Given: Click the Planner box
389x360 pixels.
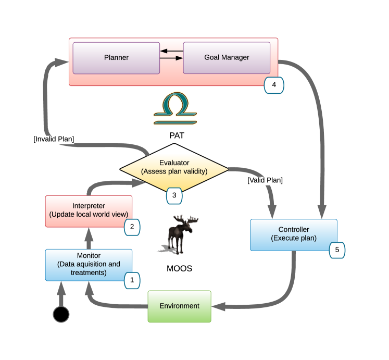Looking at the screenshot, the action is [x=116, y=58].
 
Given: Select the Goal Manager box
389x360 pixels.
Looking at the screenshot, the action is [x=227, y=58].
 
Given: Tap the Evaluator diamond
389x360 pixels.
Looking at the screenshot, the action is [x=174, y=168].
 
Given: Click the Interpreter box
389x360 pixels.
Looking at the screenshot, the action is [x=89, y=212].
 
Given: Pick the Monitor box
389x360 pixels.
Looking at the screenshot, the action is [x=89, y=265].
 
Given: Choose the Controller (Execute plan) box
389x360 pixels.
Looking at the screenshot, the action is [x=294, y=235].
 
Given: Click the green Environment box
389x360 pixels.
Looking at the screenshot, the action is [x=179, y=306].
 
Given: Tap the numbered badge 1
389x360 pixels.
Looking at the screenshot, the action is [x=132, y=280].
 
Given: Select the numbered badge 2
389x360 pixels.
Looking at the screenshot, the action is [x=132, y=227].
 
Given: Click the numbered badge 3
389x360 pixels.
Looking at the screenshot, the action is [x=174, y=196].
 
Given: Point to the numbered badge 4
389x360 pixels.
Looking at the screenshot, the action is [x=274, y=85].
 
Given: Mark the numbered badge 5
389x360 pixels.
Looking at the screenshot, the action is [x=337, y=250].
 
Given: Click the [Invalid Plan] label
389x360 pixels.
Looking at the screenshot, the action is [x=54, y=139].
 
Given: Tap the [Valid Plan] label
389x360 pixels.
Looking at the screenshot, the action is [x=265, y=180].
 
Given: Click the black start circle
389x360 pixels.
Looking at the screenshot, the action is [x=61, y=314].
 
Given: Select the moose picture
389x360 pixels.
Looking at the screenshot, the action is [x=179, y=234].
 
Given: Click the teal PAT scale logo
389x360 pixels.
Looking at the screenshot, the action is [x=175, y=108].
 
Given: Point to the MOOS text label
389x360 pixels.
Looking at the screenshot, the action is [x=179, y=269].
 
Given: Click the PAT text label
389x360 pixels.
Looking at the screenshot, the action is [x=177, y=135].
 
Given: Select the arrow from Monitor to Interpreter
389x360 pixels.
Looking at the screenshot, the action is [x=89, y=238].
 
